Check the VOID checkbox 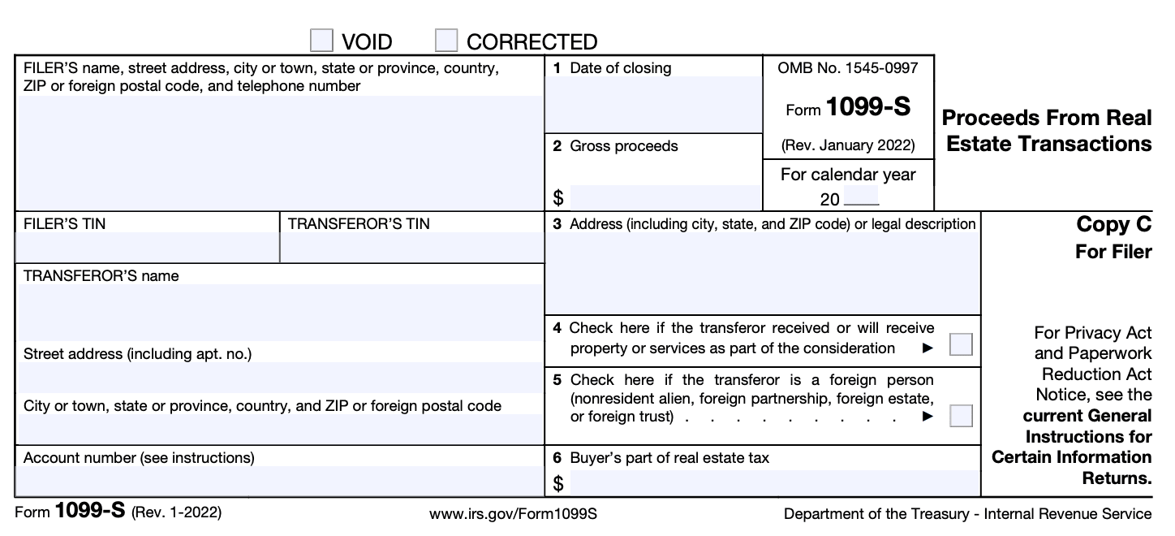tap(322, 41)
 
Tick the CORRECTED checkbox tap(446, 41)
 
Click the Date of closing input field tap(653, 104)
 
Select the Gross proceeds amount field tap(665, 197)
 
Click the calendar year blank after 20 tap(861, 197)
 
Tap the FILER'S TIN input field tap(147, 248)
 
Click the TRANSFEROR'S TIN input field tap(411, 248)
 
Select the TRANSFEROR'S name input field tap(278, 312)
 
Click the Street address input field tap(278, 378)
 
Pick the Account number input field tap(278, 481)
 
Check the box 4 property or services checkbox tap(961, 345)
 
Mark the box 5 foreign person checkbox tap(961, 416)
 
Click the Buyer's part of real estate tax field tap(774, 484)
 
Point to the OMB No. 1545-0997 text tap(848, 68)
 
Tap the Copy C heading tap(1113, 225)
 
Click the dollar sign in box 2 tap(558, 197)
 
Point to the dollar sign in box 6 tap(558, 484)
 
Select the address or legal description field tap(762, 274)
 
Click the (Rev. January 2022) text tap(848, 146)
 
